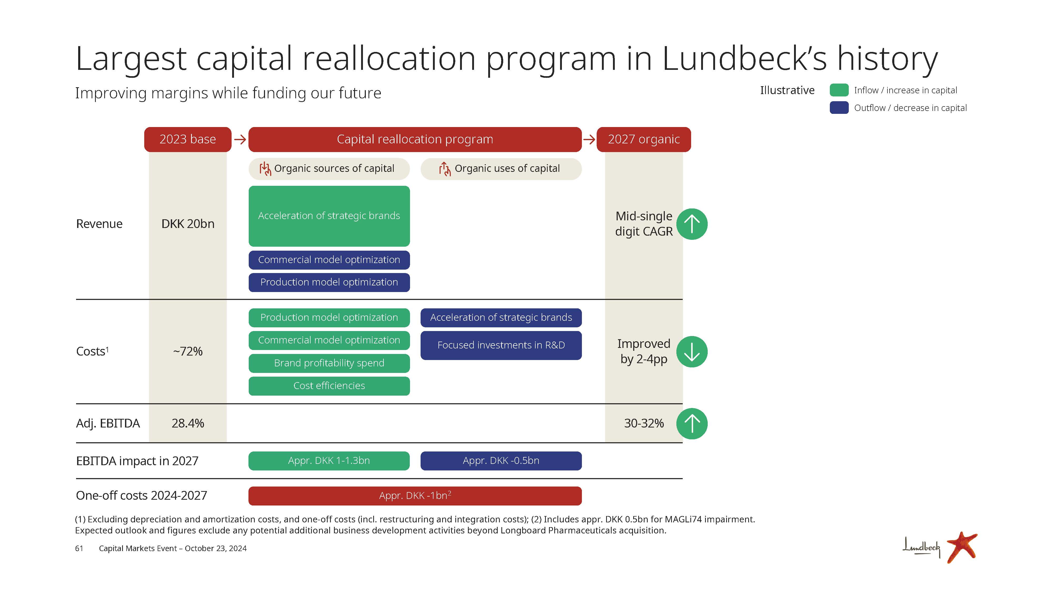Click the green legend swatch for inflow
coord(839,90)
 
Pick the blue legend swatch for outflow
coord(839,108)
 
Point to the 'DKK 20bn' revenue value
coord(188,224)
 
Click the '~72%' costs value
coord(188,351)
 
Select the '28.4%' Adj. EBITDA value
coord(188,423)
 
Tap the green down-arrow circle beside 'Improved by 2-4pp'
coord(692,352)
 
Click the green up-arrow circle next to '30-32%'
coord(692,424)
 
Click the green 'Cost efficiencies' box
coord(329,386)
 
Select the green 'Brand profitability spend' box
coord(329,363)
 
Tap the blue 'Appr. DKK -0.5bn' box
coord(501,461)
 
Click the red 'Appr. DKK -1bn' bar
coord(415,495)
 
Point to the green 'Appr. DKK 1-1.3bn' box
coord(329,461)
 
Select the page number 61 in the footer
coord(79,548)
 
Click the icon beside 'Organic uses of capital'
coord(444,169)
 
